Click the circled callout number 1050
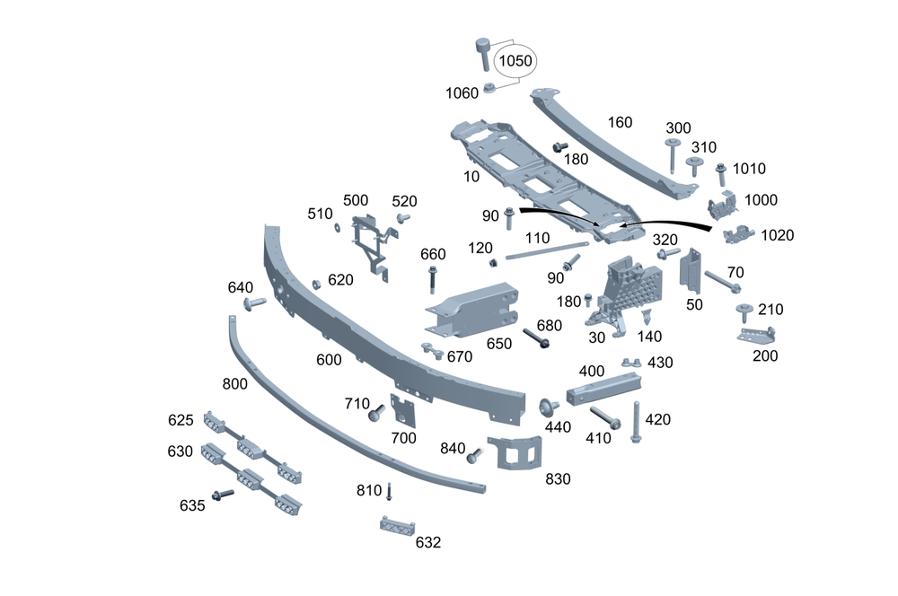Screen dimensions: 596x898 [515, 61]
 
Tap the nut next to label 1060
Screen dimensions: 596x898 [490, 88]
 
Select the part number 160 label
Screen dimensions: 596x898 [621, 122]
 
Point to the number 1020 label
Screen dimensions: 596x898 [777, 235]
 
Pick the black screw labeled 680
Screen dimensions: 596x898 [539, 341]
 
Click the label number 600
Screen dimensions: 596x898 [329, 360]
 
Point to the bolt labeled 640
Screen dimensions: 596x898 [253, 303]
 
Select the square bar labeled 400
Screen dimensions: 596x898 [604, 389]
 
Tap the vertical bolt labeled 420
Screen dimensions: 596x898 [636, 422]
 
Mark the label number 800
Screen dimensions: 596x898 [235, 384]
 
